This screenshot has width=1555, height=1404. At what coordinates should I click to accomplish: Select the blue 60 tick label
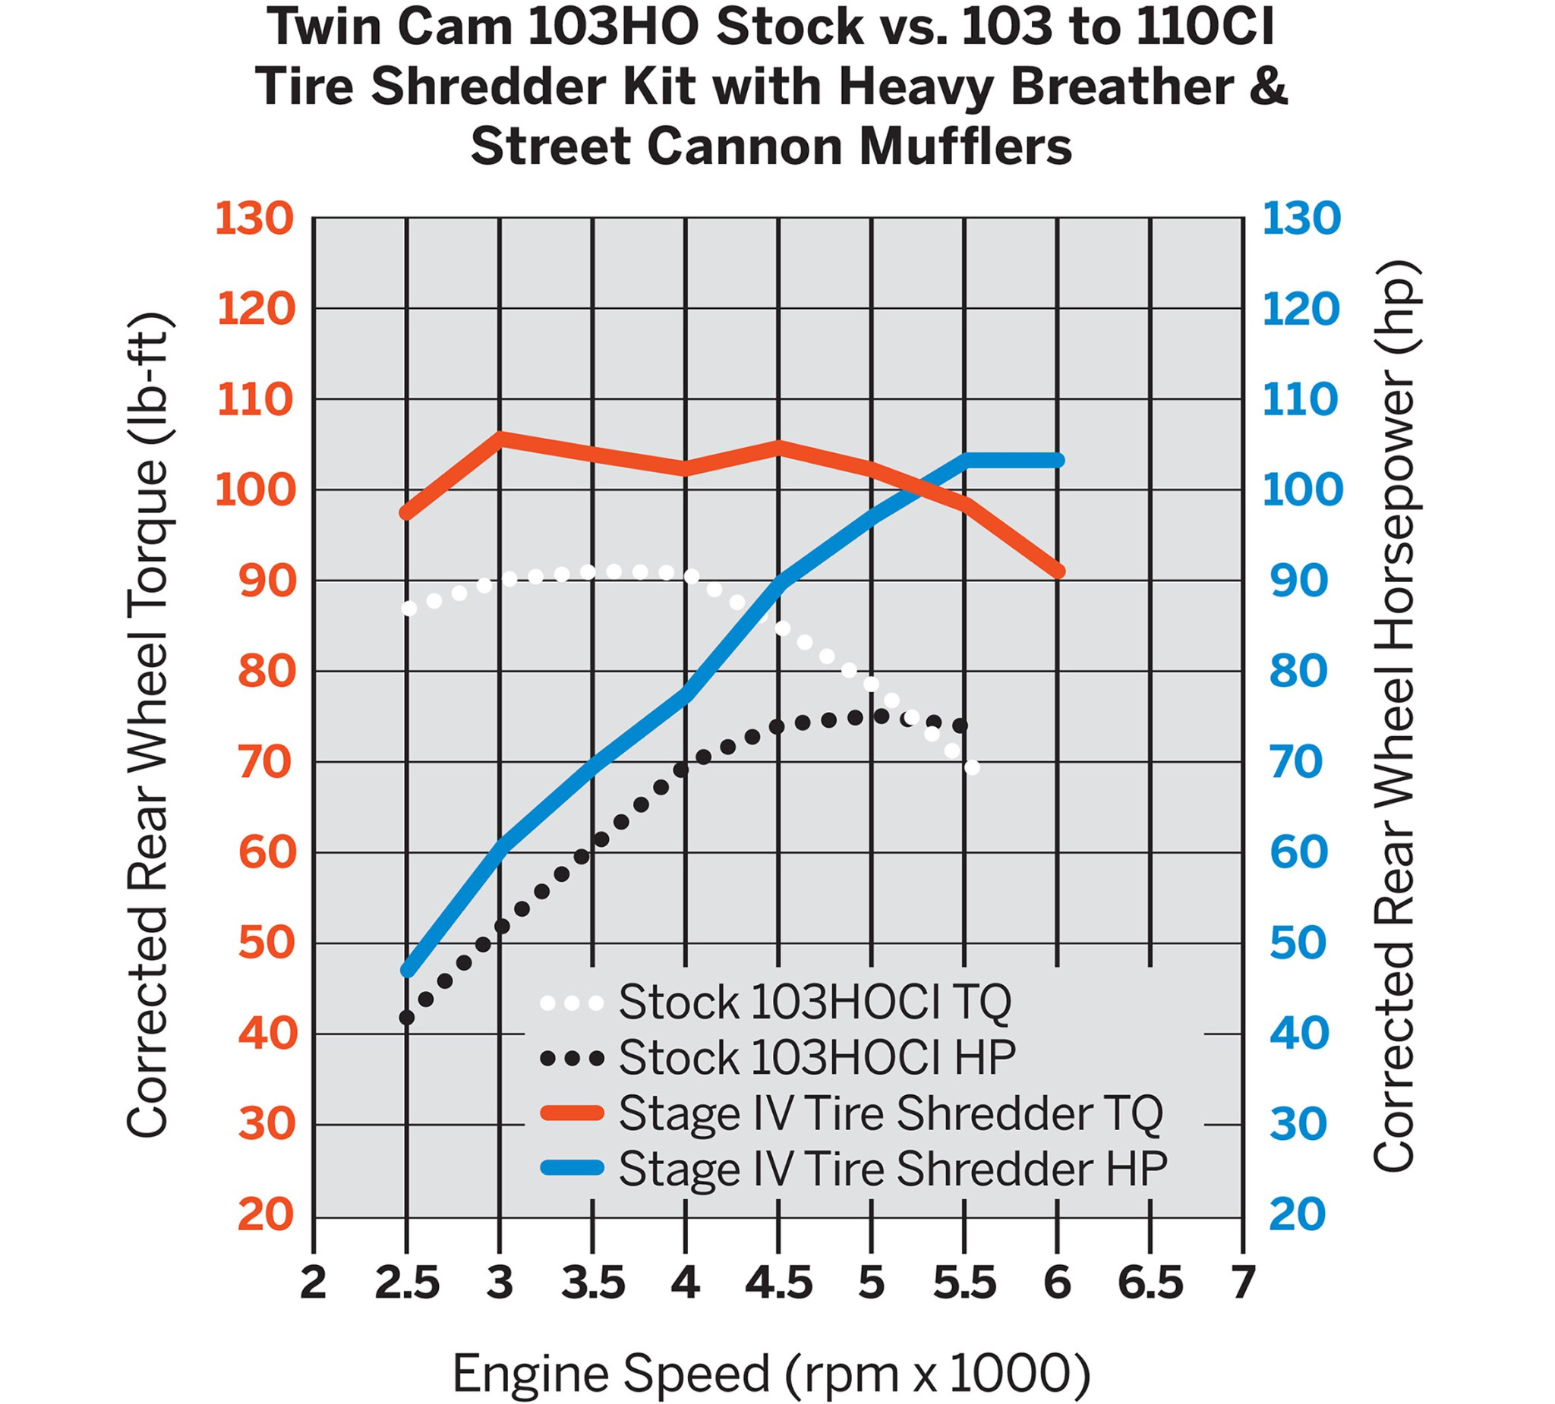(x=1299, y=853)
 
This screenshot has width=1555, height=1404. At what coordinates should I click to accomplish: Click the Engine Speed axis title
(x=771, y=1374)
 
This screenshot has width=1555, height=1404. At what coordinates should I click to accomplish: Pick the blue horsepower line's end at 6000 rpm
(x=1058, y=461)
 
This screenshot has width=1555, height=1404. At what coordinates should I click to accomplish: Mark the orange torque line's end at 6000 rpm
(x=1058, y=571)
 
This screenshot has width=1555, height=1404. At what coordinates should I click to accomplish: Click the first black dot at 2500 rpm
(x=406, y=1018)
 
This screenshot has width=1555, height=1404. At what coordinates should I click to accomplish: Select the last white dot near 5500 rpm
(x=972, y=767)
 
